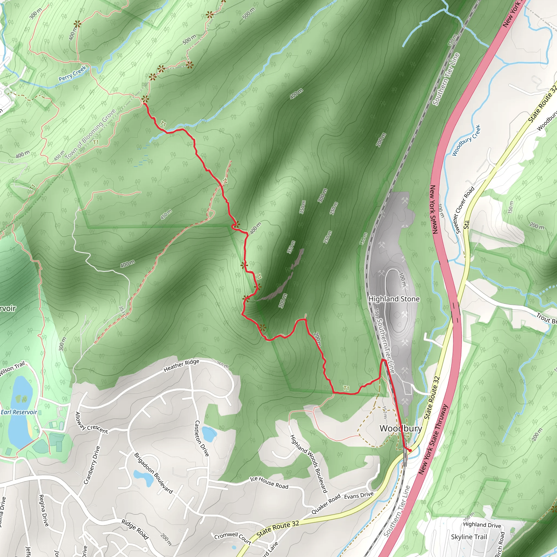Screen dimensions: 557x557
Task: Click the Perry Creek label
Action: pos(72,73)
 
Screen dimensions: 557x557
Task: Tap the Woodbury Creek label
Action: pos(466,140)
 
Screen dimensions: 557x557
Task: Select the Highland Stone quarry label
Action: pos(394,299)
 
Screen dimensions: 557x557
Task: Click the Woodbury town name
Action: pos(401,428)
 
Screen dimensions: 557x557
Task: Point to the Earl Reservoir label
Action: pos(19,412)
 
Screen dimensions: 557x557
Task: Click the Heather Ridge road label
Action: pos(181,365)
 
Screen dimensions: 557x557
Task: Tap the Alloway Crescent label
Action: pos(91,423)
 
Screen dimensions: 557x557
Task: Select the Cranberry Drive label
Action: pos(92,465)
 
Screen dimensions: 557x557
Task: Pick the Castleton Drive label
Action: pos(202,438)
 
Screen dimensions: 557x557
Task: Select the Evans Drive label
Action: pos(359,495)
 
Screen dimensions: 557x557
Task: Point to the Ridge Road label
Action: pos(135,529)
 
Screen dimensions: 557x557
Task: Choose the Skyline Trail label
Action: pos(469,537)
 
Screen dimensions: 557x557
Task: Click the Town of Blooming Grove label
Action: pos(90,134)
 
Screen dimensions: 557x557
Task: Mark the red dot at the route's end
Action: pos(410,450)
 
